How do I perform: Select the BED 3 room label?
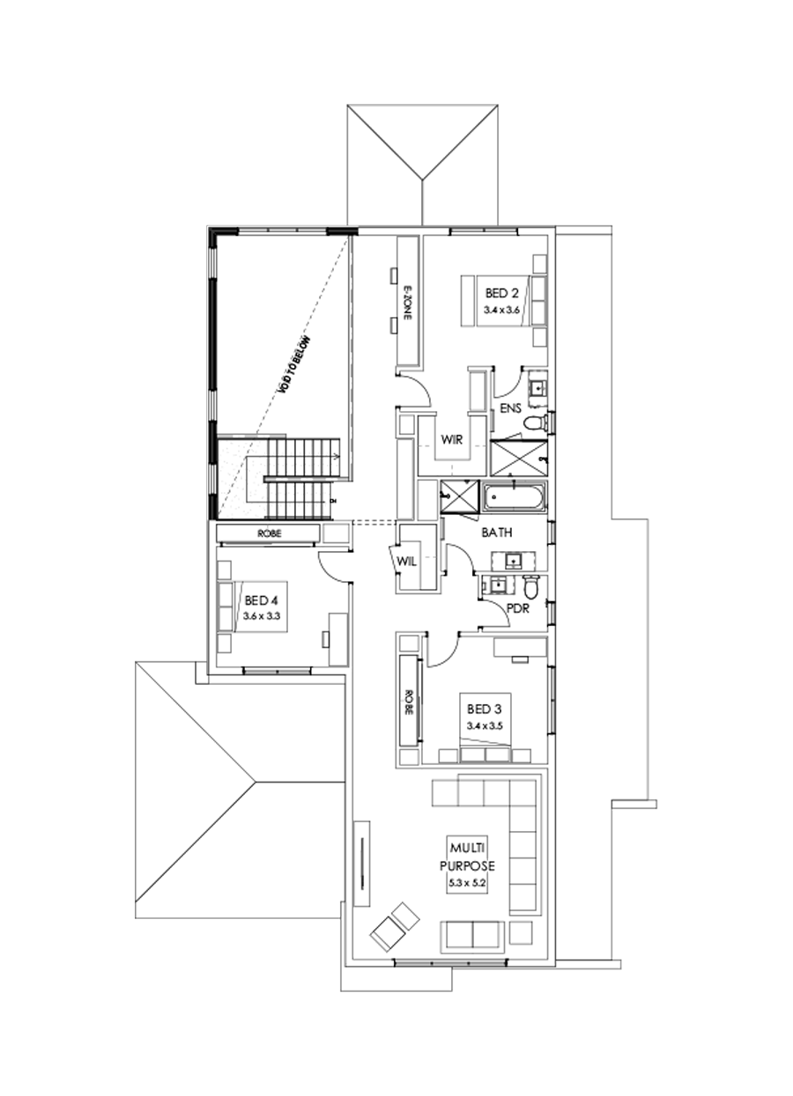tap(485, 709)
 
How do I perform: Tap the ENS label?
tap(511, 408)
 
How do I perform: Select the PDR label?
tap(517, 607)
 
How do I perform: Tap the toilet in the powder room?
tap(530, 585)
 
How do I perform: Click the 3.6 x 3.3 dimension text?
tap(262, 616)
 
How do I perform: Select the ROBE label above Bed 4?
tap(269, 533)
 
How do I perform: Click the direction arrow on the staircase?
tap(337, 456)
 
